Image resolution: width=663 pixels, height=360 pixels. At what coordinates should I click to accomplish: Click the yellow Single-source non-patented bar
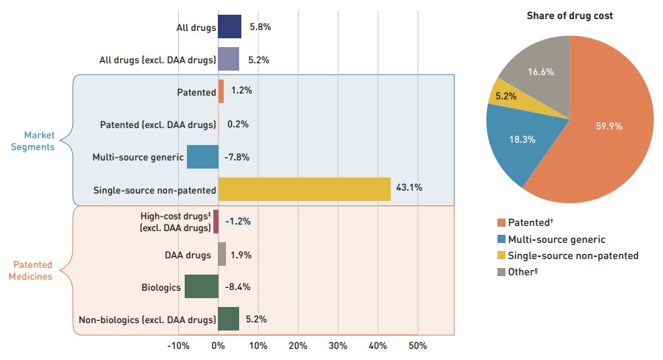(x=304, y=188)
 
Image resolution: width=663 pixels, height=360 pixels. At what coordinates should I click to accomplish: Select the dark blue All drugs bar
(x=230, y=27)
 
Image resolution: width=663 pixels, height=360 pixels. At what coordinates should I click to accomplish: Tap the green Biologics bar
(x=201, y=286)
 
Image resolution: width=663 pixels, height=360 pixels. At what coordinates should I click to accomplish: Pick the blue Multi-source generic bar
(x=202, y=157)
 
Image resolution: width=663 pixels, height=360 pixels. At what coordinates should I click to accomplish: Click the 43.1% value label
(x=409, y=188)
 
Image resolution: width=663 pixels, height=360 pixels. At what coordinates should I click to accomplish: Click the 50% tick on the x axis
(x=417, y=346)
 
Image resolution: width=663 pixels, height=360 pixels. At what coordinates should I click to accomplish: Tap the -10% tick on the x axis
(x=178, y=346)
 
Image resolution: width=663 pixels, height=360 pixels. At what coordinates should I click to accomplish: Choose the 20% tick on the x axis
(x=298, y=346)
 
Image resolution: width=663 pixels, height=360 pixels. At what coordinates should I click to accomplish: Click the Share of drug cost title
(x=570, y=15)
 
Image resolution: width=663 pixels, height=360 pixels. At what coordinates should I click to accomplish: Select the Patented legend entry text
(x=531, y=222)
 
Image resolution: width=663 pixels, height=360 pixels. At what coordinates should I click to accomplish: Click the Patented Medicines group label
(x=34, y=270)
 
